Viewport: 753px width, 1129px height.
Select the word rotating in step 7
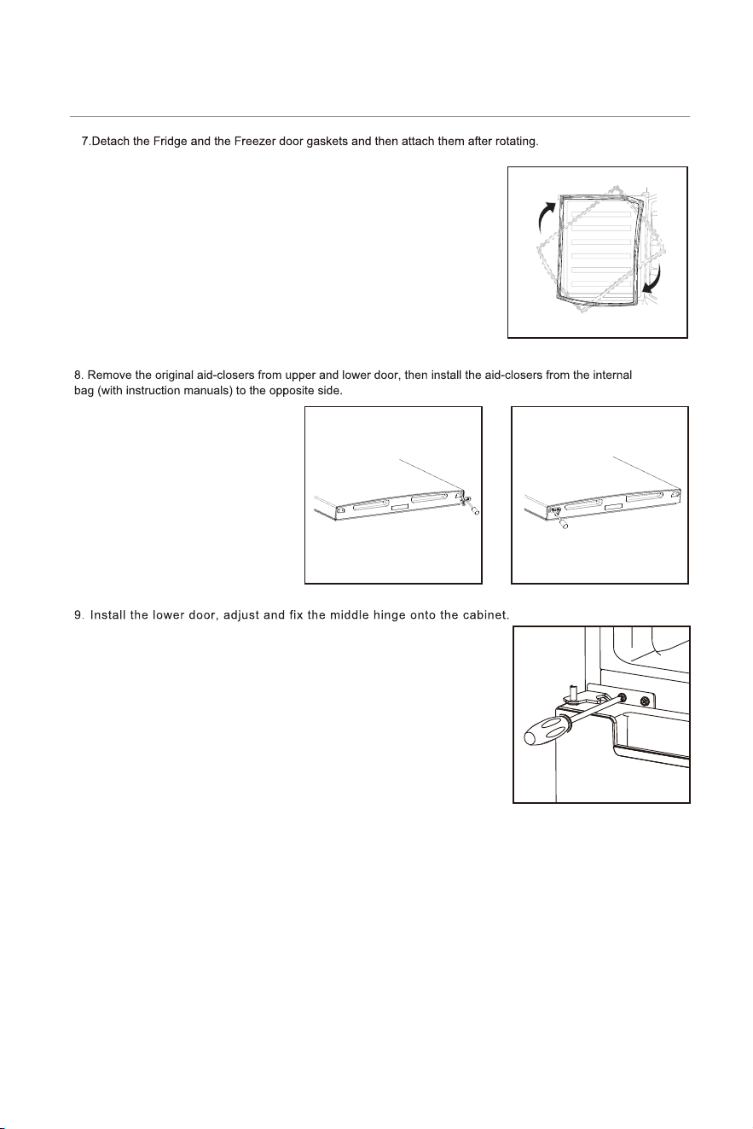517,142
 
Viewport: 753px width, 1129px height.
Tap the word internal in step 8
612,375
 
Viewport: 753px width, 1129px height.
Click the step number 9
78,615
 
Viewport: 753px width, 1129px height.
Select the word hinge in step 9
390,615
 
